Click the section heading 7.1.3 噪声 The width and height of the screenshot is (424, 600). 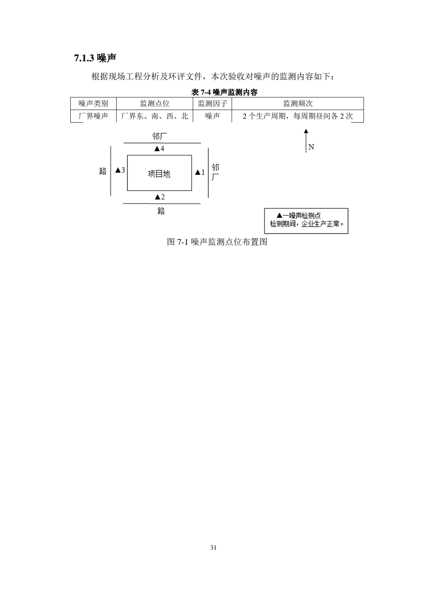coord(95,58)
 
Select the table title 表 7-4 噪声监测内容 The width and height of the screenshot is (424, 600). coord(224,92)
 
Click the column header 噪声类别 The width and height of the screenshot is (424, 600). coord(93,103)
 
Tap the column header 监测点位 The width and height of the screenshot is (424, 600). coord(155,103)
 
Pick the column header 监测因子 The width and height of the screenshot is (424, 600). coord(212,103)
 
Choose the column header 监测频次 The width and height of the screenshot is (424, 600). coord(298,103)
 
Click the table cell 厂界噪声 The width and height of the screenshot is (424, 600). coord(93,116)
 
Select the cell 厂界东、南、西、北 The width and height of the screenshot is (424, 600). coord(155,116)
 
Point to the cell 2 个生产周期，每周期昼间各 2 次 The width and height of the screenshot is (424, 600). coord(298,116)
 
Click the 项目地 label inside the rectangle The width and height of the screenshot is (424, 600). coord(159,174)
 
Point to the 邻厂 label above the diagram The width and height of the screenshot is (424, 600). coord(159,136)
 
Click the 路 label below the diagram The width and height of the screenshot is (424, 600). coord(161,211)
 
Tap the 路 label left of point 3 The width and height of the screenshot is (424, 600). coord(103,171)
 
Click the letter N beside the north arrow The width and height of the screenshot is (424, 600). coord(311,147)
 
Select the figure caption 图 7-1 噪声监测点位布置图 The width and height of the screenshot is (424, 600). coord(217,242)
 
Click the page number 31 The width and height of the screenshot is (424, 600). coord(213,548)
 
